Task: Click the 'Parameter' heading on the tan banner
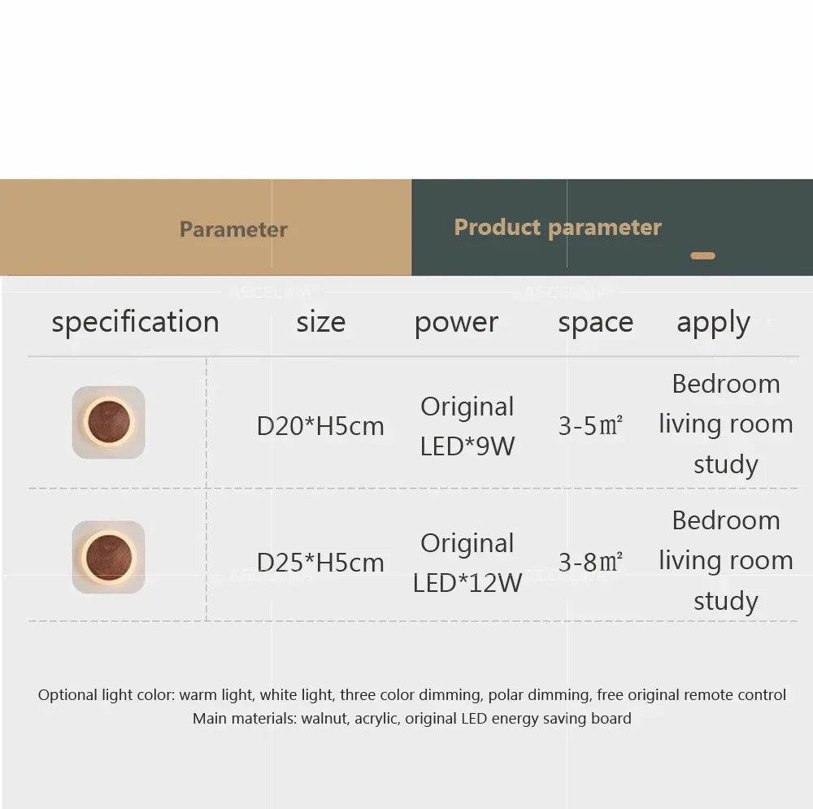[233, 229]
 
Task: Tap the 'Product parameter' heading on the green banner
[558, 228]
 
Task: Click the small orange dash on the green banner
[702, 256]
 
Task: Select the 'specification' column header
[135, 322]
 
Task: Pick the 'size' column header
[320, 322]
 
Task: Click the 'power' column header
[456, 322]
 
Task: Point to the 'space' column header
[595, 322]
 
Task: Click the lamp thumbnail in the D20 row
[108, 422]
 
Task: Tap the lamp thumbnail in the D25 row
[108, 557]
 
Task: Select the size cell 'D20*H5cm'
[320, 426]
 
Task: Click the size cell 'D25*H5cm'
[320, 563]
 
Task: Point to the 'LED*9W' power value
[467, 446]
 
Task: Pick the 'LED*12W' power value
[467, 583]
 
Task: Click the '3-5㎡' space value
[590, 426]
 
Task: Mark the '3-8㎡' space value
[590, 563]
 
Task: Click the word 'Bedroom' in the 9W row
[726, 384]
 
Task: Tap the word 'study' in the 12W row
[726, 602]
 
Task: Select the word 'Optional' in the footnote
[67, 695]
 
